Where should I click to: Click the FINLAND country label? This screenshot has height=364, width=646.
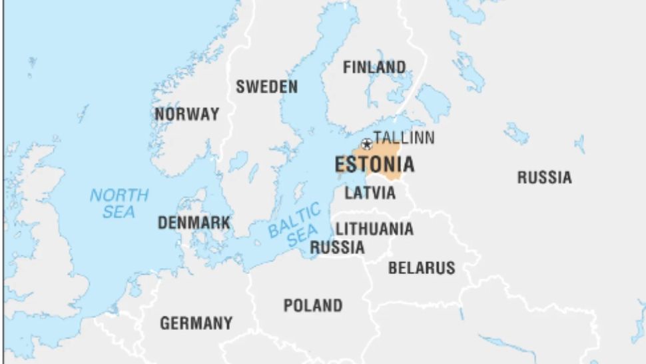374,67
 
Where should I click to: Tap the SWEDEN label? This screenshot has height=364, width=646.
266,87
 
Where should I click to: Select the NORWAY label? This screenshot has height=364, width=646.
186,114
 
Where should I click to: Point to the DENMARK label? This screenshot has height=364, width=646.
194,223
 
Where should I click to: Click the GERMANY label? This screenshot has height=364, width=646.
196,323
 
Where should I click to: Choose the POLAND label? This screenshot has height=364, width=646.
313,305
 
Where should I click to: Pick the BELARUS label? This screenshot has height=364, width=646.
422,268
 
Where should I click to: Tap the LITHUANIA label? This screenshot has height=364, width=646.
374,229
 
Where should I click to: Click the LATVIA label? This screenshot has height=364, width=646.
370,193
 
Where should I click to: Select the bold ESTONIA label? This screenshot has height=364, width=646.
374,164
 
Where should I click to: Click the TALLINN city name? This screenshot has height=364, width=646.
404,138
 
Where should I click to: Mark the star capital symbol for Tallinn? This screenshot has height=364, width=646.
366,143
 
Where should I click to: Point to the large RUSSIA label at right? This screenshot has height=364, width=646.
544,177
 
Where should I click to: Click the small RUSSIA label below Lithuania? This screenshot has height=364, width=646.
338,247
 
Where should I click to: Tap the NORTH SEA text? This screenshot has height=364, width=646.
119,203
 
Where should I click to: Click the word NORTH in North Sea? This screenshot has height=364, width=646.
119,195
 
